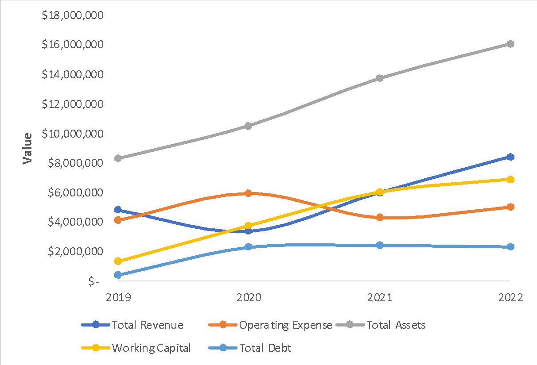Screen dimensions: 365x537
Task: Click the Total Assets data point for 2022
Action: pos(510,44)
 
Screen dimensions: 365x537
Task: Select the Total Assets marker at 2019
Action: pos(117,158)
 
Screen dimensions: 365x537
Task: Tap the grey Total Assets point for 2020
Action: pos(249,126)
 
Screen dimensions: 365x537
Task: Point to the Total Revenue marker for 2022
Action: pos(510,157)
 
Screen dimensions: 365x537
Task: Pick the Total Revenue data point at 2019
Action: pos(117,210)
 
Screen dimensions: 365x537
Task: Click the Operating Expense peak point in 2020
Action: pos(249,193)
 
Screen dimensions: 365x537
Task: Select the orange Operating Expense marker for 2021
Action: pos(380,218)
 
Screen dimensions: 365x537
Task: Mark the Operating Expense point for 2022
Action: pos(510,207)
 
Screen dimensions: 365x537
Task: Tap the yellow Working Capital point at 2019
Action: pos(117,261)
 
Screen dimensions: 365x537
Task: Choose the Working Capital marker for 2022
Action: pos(510,179)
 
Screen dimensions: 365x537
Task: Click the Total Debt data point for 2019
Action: pos(117,275)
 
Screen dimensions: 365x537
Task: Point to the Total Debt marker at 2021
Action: pos(380,246)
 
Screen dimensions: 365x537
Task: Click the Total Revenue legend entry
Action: pos(133,325)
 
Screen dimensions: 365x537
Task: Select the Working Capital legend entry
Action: pos(137,348)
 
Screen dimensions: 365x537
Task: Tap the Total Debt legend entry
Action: pos(250,348)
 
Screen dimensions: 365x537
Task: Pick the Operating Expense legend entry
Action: pos(270,325)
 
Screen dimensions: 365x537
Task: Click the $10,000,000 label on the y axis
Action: pos(72,134)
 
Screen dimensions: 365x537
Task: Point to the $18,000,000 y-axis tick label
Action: pos(72,16)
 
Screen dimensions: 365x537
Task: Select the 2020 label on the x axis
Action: pos(249,297)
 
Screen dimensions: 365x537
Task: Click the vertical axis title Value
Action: pos(28,148)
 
